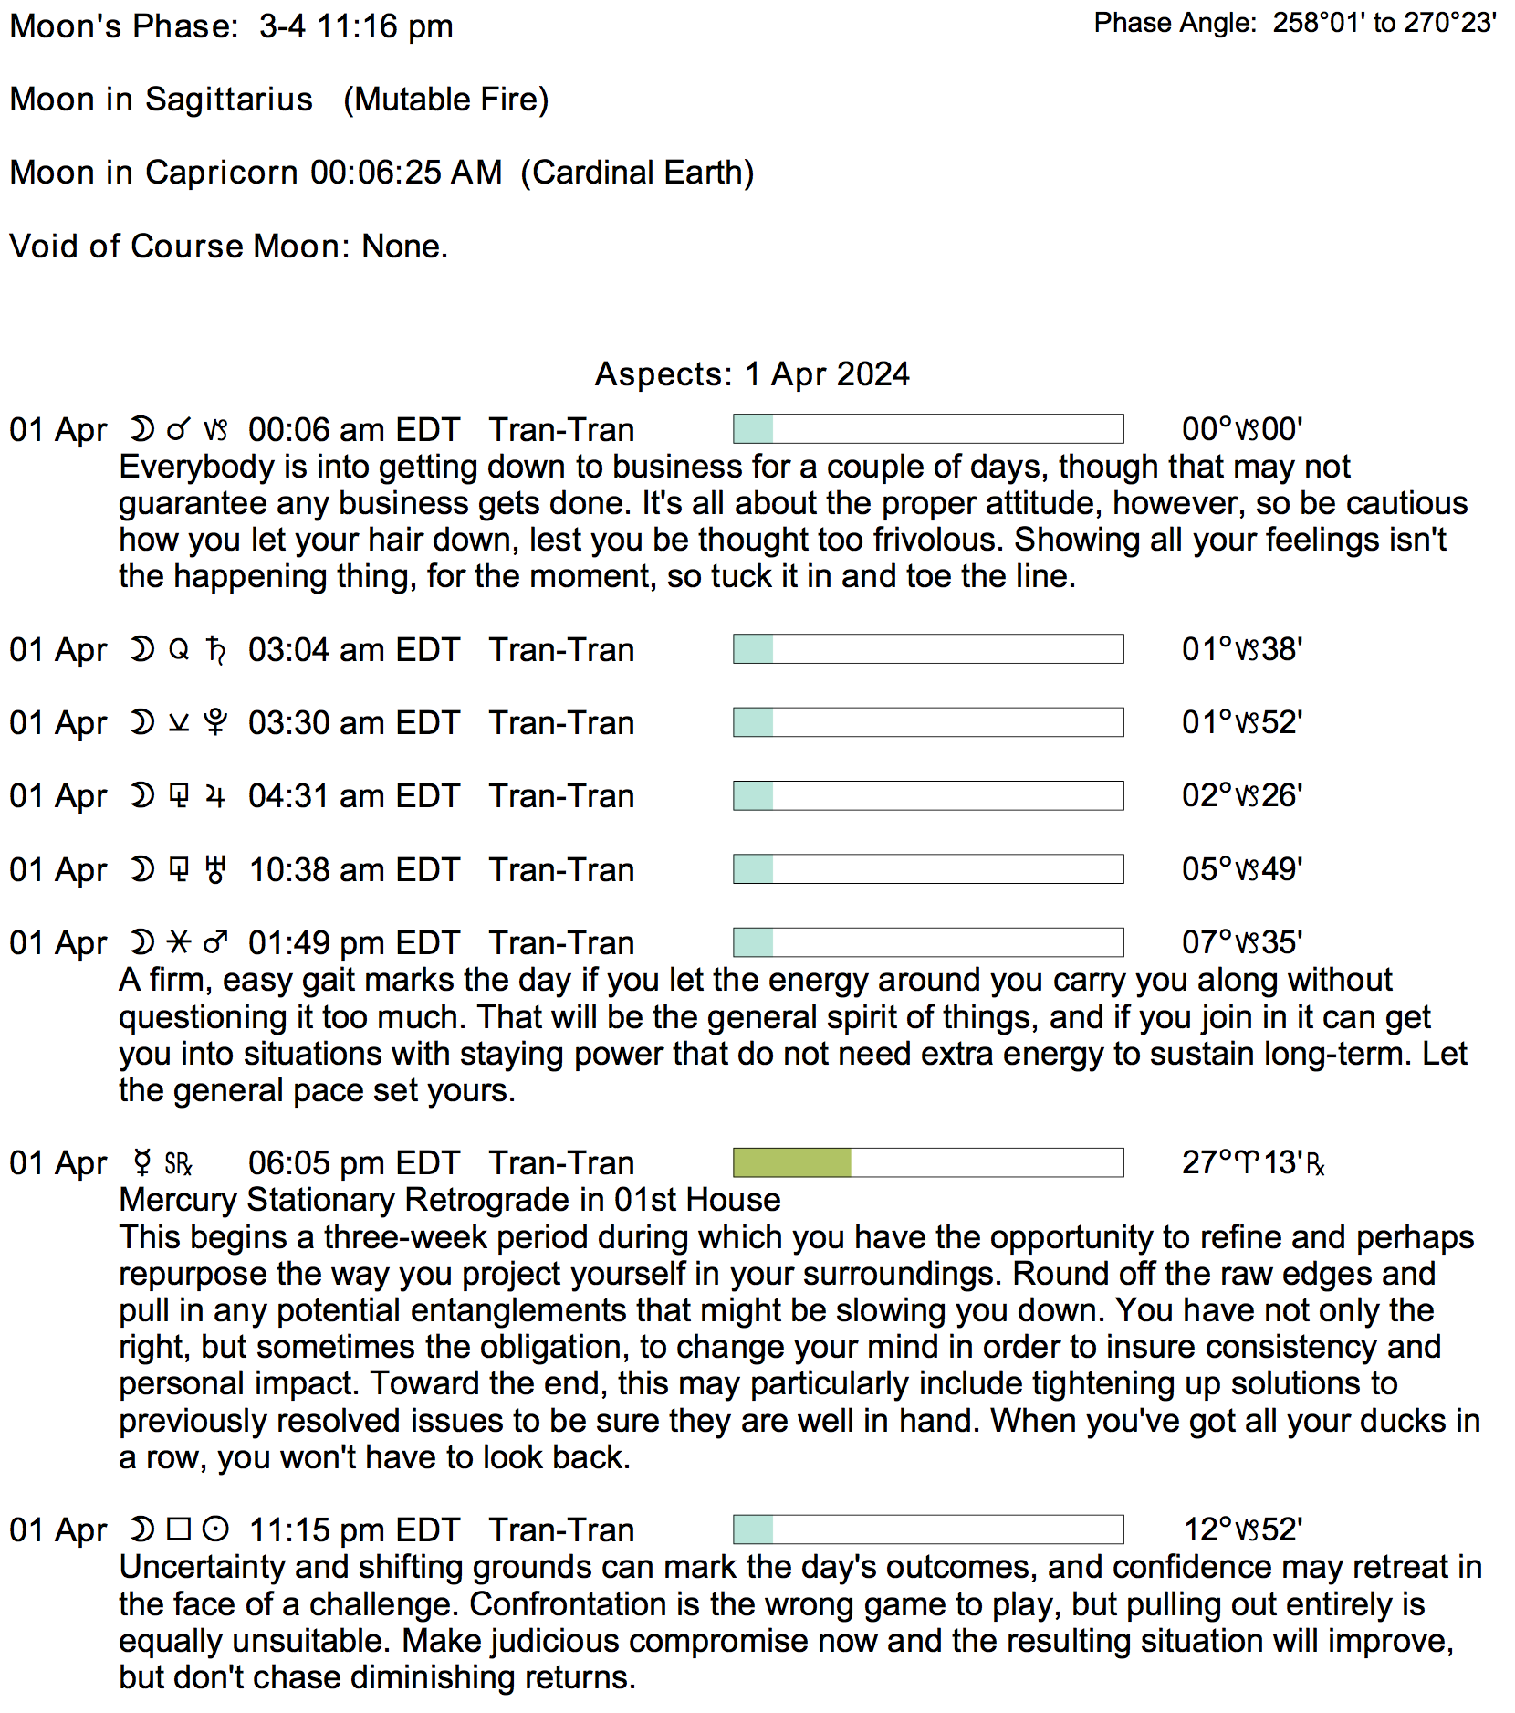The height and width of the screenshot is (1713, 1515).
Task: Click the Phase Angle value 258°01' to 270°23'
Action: point(1384,23)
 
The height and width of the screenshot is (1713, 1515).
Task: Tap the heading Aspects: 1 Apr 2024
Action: point(752,374)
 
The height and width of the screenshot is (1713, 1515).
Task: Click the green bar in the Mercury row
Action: point(792,1162)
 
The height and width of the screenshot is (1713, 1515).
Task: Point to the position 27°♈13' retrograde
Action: point(1252,1162)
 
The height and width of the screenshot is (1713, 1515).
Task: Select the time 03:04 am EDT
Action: point(354,650)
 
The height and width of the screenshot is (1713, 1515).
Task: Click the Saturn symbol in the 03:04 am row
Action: point(216,650)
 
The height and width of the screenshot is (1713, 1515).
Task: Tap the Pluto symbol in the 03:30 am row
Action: point(215,723)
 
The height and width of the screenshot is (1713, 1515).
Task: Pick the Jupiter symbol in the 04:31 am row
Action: point(215,796)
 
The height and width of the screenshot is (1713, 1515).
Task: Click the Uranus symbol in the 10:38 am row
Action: point(215,870)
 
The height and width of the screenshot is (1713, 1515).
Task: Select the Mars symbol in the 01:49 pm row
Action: point(215,942)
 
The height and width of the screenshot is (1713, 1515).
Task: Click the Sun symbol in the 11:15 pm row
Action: point(215,1529)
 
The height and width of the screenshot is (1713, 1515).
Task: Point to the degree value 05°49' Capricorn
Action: point(1242,869)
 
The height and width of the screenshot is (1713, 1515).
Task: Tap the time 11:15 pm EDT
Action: point(354,1530)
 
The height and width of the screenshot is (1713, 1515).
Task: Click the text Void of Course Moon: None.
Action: point(229,247)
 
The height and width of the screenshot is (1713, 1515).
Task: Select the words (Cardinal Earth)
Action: point(637,173)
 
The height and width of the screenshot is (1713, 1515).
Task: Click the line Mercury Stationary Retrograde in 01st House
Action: point(450,1200)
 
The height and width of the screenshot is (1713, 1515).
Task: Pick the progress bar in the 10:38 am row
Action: point(928,869)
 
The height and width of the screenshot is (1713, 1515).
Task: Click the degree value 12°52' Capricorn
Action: point(1242,1529)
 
